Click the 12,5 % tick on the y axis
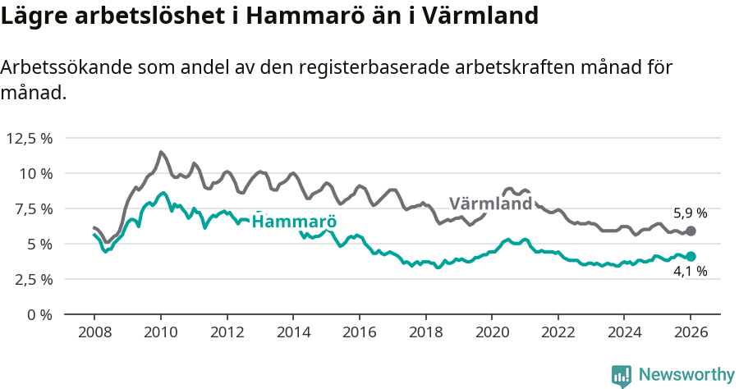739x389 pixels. [30, 138]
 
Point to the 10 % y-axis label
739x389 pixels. [35, 173]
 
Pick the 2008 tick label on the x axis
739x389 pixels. [94, 333]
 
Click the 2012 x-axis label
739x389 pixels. [227, 333]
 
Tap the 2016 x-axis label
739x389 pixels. [359, 333]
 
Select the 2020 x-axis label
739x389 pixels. [492, 333]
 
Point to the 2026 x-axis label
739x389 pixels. [691, 333]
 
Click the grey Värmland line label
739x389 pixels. [490, 204]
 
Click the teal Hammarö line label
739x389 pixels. [294, 222]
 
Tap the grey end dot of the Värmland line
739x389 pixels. [691, 231]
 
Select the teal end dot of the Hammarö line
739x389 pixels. [691, 256]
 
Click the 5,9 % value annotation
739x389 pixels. [690, 213]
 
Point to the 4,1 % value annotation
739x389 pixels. [690, 272]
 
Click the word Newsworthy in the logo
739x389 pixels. [686, 374]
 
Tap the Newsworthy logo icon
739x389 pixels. [622, 376]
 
